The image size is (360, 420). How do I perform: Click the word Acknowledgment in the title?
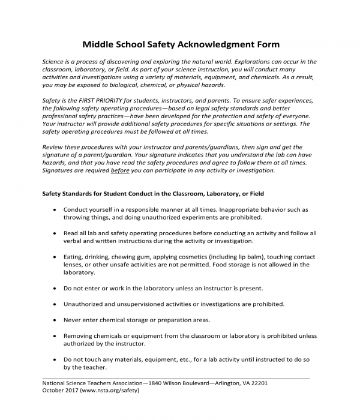[206, 44]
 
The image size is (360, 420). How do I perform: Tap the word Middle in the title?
[98, 44]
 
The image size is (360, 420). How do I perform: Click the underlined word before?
[120, 170]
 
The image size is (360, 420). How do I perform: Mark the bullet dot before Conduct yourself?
[55, 210]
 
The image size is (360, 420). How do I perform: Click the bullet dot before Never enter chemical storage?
[55, 320]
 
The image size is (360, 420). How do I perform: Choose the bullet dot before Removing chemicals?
[55, 336]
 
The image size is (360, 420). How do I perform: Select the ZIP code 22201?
[256, 382]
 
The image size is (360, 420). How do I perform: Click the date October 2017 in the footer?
[59, 390]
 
